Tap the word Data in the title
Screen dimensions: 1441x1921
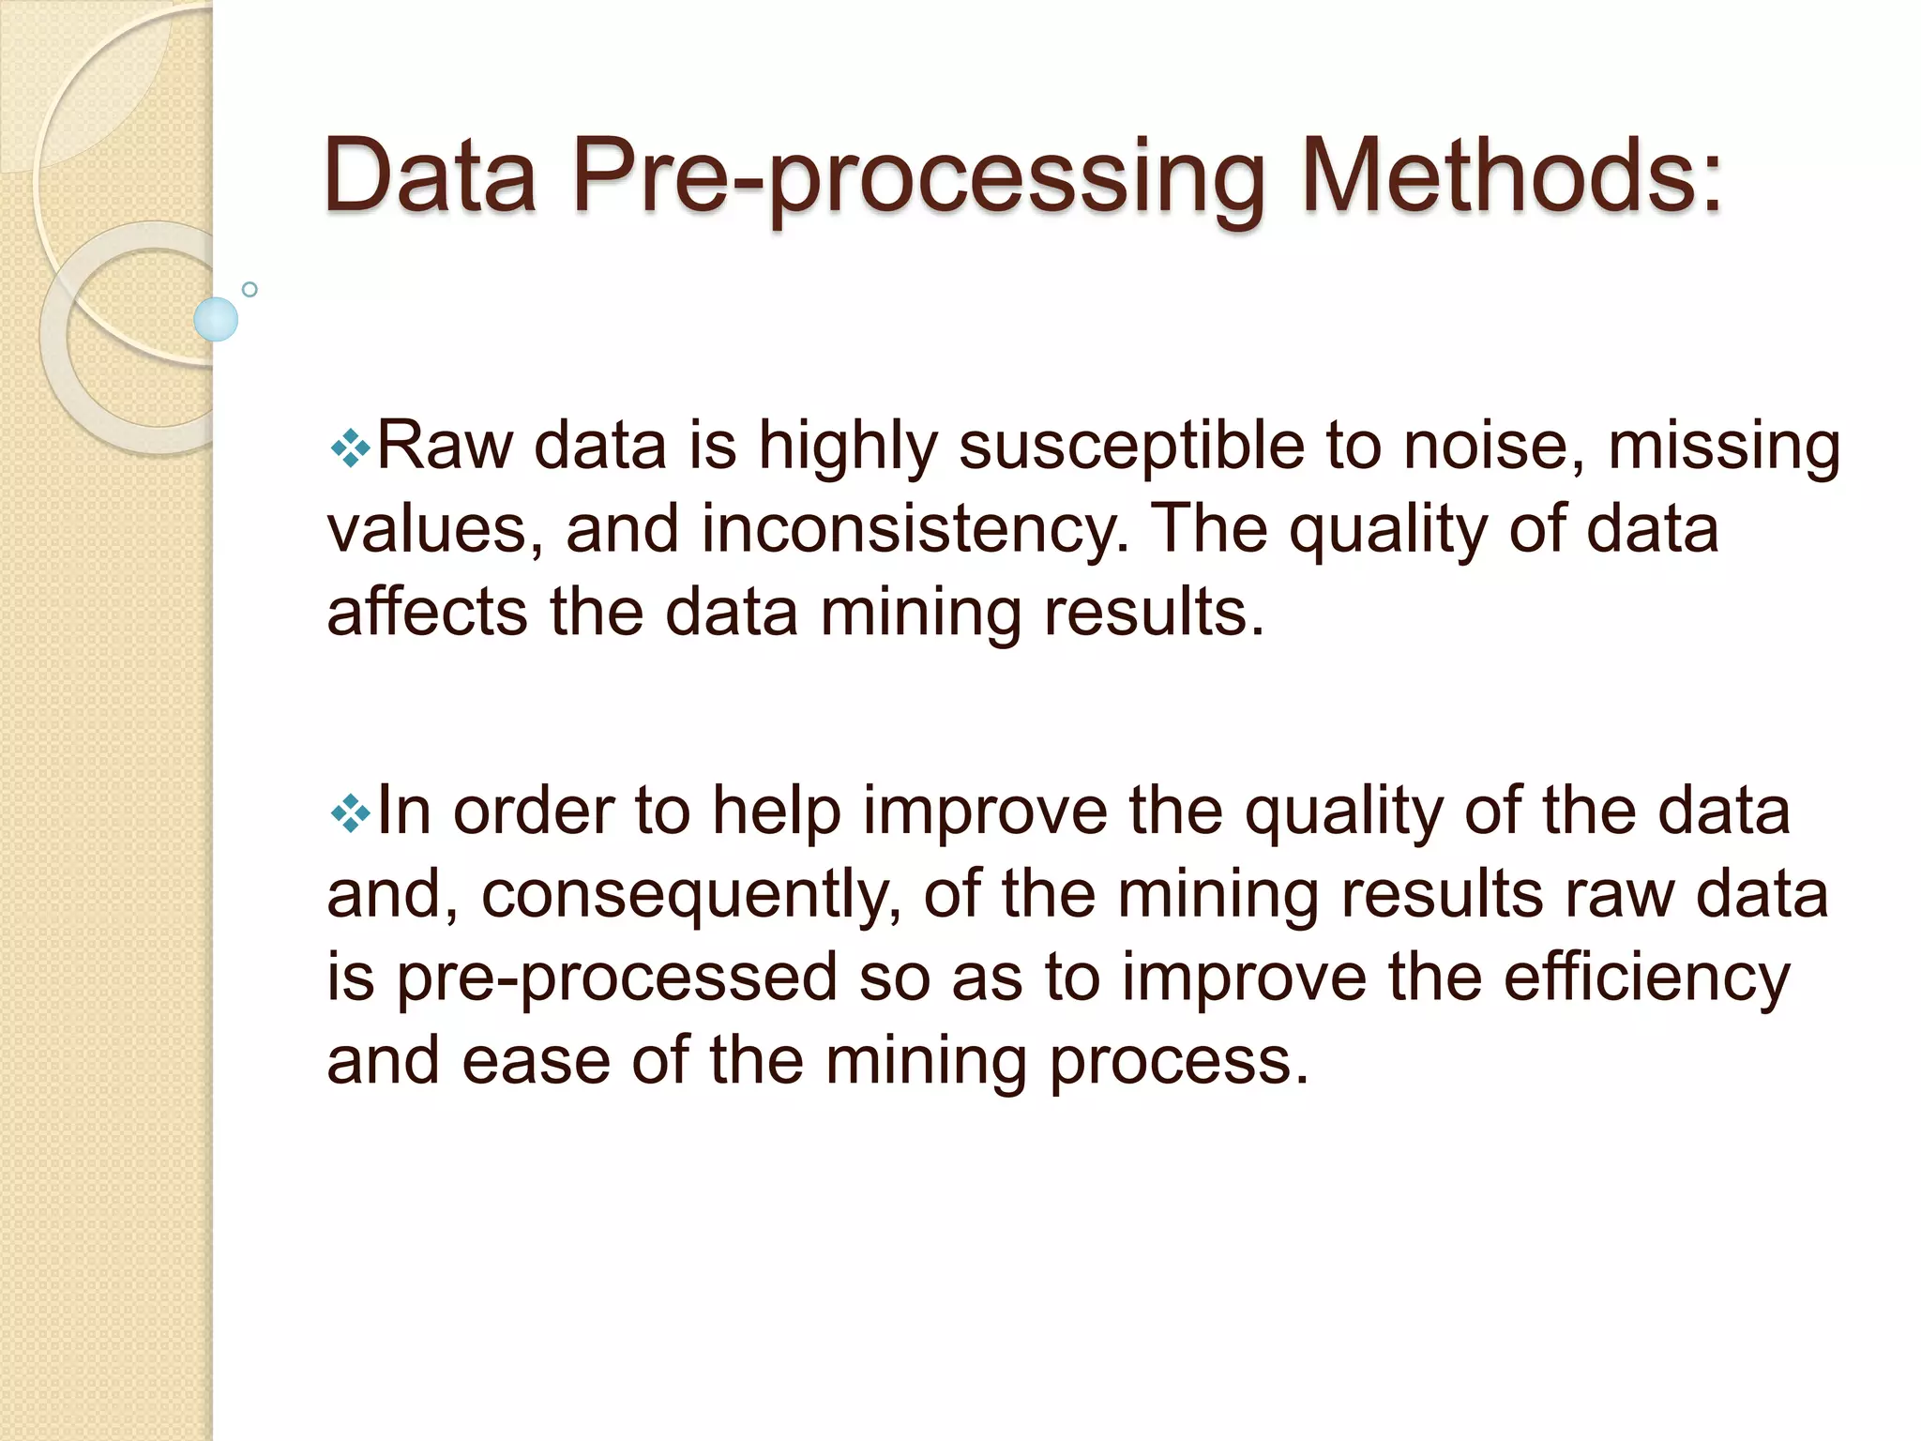[x=430, y=176]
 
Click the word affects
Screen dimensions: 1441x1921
[x=427, y=613]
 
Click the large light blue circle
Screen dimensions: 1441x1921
[x=216, y=319]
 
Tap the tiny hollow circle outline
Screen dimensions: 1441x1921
[x=250, y=289]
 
